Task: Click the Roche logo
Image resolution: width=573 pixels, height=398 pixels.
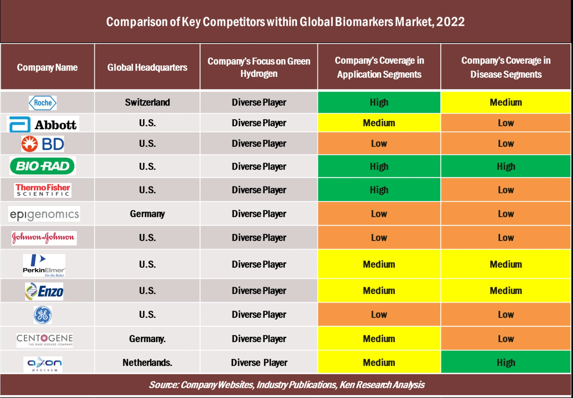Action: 43,103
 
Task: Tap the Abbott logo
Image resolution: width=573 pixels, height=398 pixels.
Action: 43,124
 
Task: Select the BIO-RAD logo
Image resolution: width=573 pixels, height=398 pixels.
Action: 42,166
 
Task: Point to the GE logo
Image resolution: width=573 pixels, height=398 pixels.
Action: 43,315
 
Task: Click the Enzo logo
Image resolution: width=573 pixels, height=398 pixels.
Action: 44,291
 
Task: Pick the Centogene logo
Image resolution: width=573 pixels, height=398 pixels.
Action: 44,340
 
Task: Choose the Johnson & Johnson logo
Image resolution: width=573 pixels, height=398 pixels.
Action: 44,238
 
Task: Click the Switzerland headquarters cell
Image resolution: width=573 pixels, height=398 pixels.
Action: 147,102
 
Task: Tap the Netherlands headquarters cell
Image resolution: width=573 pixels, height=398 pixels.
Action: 147,363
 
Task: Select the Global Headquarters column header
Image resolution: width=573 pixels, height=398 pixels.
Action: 147,68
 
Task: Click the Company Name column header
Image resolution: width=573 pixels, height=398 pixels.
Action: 47,68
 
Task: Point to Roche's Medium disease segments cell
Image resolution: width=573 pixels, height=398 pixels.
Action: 506,102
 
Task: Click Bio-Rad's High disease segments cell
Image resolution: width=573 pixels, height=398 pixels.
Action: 506,166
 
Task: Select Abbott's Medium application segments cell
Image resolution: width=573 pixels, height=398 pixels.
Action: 379,123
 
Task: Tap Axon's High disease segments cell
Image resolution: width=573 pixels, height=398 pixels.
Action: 506,363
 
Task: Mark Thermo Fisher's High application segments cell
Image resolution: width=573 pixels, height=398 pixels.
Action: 379,190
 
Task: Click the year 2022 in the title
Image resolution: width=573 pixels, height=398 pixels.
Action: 450,22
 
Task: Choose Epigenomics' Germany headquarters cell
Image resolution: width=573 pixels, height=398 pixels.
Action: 147,214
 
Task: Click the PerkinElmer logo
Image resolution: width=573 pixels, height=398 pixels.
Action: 44,265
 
